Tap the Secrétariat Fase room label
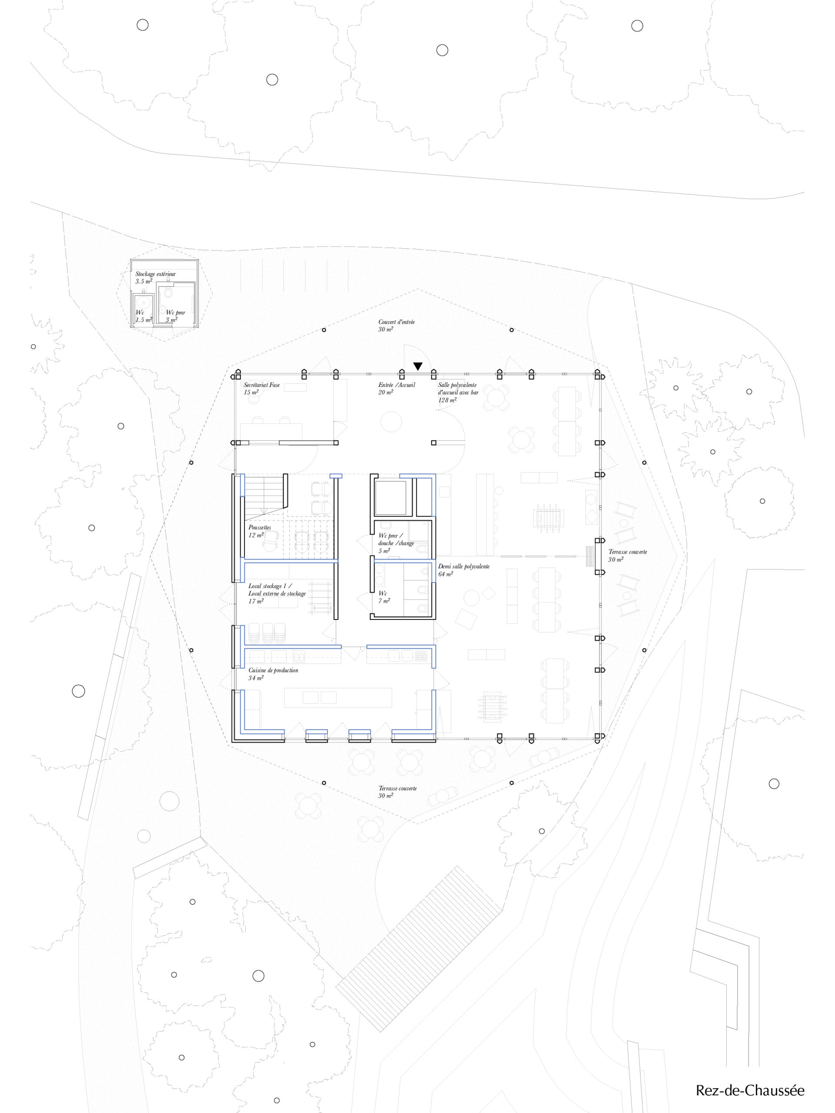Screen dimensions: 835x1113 [262, 385]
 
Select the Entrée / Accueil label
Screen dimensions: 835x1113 [397, 385]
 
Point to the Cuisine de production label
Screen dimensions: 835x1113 [273, 670]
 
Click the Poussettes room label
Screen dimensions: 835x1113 [260, 527]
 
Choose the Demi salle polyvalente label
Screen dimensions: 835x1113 [464, 566]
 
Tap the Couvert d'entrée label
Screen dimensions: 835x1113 [397, 322]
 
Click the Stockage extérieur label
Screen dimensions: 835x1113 [156, 274]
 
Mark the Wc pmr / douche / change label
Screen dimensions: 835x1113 [396, 540]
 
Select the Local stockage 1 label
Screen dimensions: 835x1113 [270, 586]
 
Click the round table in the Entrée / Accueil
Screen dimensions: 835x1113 [391, 421]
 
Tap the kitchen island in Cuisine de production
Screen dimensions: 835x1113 [338, 697]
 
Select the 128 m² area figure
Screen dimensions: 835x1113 [447, 400]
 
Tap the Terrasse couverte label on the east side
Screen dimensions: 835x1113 [628, 552]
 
